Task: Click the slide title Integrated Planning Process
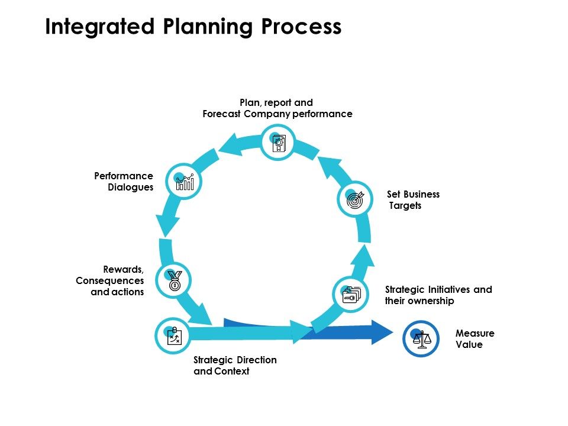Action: point(193,28)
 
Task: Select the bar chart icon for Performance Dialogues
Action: point(185,182)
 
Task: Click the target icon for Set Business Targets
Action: point(354,200)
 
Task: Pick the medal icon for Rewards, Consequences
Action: point(175,280)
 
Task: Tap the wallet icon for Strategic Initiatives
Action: point(350,295)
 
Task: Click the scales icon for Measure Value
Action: point(421,339)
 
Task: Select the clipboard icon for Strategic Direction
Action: point(173,336)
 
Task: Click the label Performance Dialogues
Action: point(124,182)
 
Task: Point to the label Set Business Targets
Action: point(413,200)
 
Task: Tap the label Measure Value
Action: point(475,339)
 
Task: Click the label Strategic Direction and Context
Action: point(235,366)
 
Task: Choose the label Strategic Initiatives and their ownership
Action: point(438,295)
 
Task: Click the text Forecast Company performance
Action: point(277,114)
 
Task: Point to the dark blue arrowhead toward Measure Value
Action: point(382,332)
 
